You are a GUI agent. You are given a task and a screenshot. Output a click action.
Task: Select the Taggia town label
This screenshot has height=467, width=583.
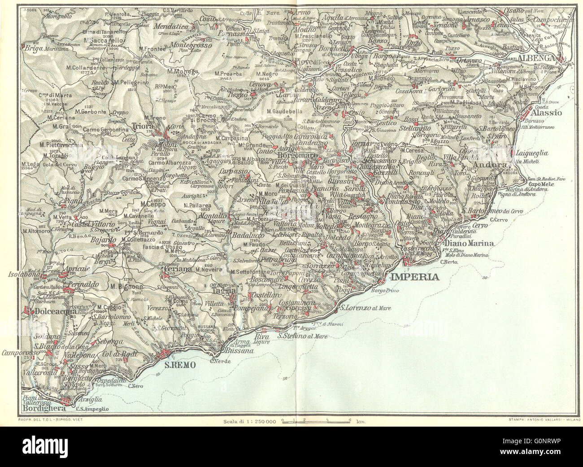pos(221,290)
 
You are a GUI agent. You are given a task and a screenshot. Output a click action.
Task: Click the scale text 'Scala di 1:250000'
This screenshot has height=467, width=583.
pos(248,421)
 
